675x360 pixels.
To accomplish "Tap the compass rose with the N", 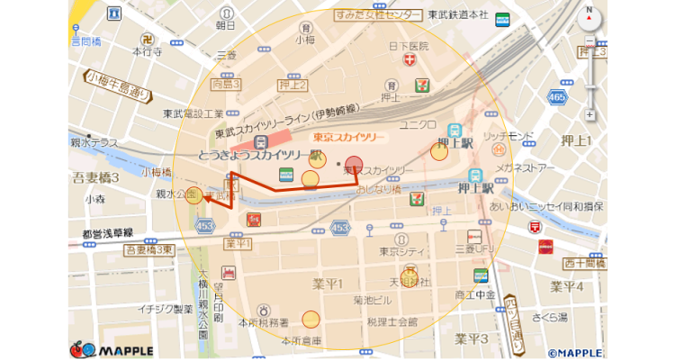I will pos(589,17).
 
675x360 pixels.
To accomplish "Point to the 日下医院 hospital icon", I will pos(411,60).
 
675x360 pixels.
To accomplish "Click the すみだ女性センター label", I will pos(377,16).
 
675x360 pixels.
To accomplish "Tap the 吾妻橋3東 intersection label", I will pos(148,250).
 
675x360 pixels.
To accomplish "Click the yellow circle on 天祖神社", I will pos(409,274).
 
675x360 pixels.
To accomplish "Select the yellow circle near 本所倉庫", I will pos(310,319).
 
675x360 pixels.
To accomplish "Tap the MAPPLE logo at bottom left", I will pos(112,348).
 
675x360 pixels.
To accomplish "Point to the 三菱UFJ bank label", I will pos(477,247).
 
